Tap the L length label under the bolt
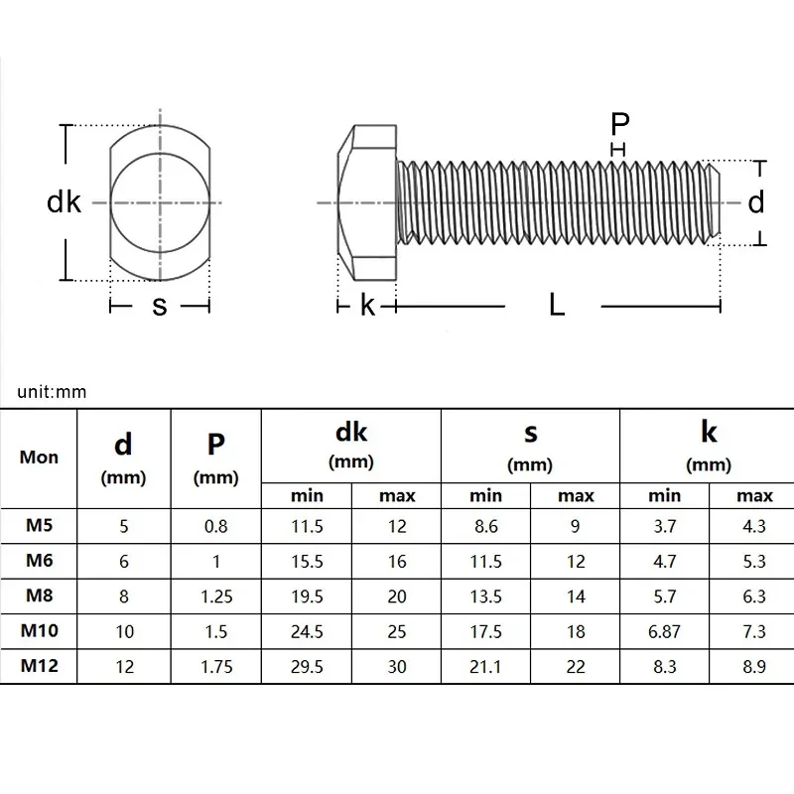point(557,306)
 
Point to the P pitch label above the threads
point(619,124)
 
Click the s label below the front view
point(159,306)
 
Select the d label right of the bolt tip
point(756,202)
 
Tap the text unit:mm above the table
point(52,391)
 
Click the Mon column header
point(39,458)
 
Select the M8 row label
point(39,596)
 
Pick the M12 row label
point(39,667)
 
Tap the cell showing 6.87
point(665,632)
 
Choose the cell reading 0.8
point(216,527)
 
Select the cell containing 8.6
point(485,527)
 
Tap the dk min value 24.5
point(306,632)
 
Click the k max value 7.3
point(754,632)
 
